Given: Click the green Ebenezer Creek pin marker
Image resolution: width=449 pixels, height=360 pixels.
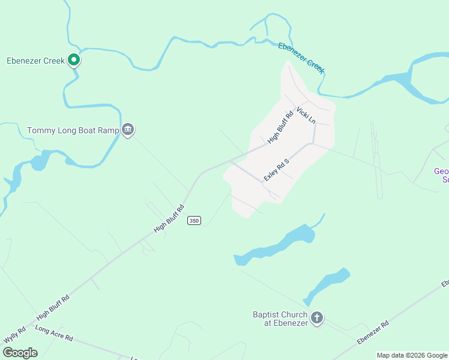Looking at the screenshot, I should point(74,60).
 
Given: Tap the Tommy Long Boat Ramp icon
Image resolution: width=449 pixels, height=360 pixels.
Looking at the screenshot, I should point(127,130).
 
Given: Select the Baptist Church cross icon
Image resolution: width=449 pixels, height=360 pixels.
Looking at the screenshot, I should point(317,318).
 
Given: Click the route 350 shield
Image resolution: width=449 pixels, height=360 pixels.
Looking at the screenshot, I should point(193,221).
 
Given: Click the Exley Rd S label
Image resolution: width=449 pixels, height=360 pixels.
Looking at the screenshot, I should point(277,170).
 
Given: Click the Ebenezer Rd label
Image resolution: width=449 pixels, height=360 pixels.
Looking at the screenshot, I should point(373,332).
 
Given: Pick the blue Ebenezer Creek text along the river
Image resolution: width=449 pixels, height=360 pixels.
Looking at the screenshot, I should point(301,58).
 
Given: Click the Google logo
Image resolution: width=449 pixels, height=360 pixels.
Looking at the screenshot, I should point(20,353).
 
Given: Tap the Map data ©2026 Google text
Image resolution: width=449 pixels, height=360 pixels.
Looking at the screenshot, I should point(412,355).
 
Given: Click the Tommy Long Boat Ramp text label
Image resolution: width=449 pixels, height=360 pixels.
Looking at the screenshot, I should point(73,130).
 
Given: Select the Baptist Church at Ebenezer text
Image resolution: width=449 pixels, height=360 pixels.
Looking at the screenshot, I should point(280,319).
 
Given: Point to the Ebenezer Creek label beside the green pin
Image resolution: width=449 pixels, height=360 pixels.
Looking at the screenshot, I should point(35,61).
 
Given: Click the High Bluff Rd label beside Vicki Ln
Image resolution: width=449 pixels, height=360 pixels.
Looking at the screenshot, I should point(280,127).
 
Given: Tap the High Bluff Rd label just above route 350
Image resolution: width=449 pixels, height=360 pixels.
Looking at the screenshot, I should point(169,218).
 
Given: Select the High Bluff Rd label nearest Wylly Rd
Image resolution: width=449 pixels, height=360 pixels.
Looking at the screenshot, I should point(53,307).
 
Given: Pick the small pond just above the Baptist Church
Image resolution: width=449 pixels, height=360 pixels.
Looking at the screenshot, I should point(327,284).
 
